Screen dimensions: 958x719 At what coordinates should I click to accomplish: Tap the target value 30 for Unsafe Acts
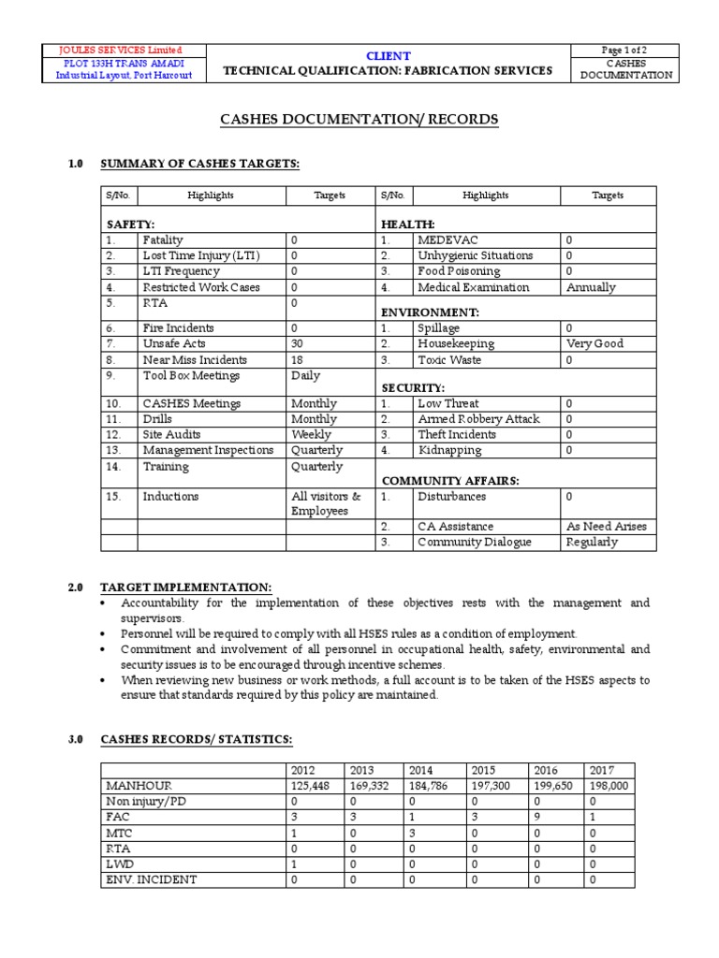[300, 343]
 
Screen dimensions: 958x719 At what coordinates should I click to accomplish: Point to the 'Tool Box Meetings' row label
[191, 375]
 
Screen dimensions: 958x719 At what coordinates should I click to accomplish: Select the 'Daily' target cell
[305, 375]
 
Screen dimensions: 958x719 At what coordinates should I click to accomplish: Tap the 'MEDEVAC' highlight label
[448, 239]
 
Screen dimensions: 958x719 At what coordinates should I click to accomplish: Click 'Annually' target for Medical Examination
[591, 287]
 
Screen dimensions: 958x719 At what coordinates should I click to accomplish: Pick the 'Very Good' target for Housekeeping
[594, 343]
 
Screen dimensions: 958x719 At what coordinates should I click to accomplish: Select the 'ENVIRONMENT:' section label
[430, 311]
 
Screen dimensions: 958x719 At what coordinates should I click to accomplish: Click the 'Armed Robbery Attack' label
[478, 419]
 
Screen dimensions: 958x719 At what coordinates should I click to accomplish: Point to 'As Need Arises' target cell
[606, 526]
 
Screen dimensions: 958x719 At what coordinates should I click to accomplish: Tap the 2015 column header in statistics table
[484, 770]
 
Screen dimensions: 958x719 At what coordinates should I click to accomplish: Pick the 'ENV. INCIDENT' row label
[151, 879]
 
